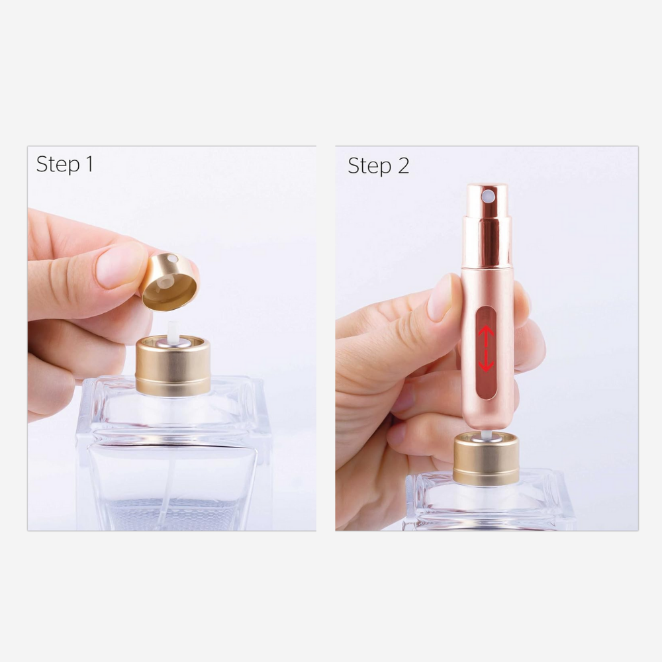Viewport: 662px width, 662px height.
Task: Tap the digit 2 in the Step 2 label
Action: (402, 165)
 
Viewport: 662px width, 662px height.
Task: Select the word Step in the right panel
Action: (369, 165)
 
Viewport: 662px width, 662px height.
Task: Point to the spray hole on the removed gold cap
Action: (172, 259)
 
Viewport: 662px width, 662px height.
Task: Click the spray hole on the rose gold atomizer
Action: (489, 195)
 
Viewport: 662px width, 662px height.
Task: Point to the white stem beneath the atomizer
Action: (486, 434)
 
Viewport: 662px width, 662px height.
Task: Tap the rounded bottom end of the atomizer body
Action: (487, 424)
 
